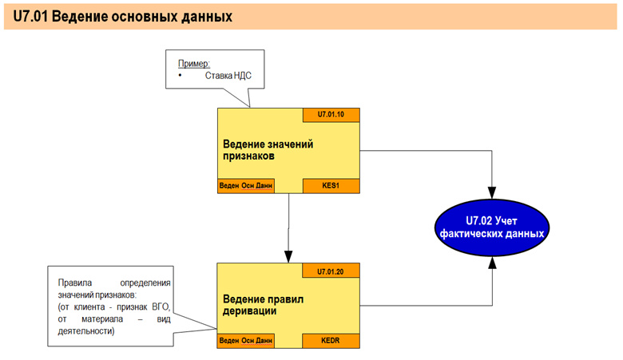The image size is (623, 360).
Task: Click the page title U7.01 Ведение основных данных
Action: pos(122,17)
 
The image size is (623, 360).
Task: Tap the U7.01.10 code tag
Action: pos(331,115)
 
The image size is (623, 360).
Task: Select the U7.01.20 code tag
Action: pos(331,271)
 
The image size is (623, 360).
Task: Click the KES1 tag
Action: pos(331,186)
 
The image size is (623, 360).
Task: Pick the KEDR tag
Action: pos(331,341)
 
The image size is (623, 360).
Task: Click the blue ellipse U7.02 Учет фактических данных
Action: pos(492,227)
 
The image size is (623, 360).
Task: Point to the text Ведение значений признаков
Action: pos(268,150)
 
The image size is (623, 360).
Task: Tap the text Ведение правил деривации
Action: pos(263,305)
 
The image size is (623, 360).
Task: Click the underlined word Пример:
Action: pos(194,64)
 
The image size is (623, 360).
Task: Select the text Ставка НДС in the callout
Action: pos(228,75)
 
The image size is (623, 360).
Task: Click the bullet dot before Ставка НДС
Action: pos(180,75)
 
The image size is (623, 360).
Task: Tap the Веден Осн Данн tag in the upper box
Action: pos(246,186)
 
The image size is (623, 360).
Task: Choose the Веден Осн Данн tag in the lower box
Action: pos(246,341)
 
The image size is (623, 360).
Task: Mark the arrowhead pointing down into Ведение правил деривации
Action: pos(288,256)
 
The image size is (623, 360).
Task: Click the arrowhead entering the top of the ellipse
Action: pos(492,193)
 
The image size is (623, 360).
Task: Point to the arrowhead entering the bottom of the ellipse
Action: pos(492,263)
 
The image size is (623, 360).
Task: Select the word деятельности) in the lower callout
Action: pos(86,331)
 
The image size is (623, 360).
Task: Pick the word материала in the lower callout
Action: pos(102,319)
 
